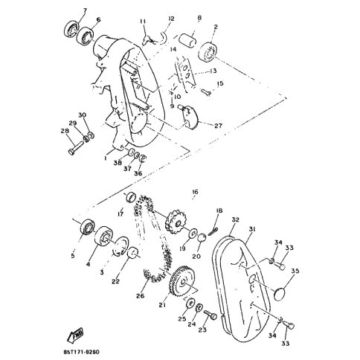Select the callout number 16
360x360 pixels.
click(195, 192)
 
